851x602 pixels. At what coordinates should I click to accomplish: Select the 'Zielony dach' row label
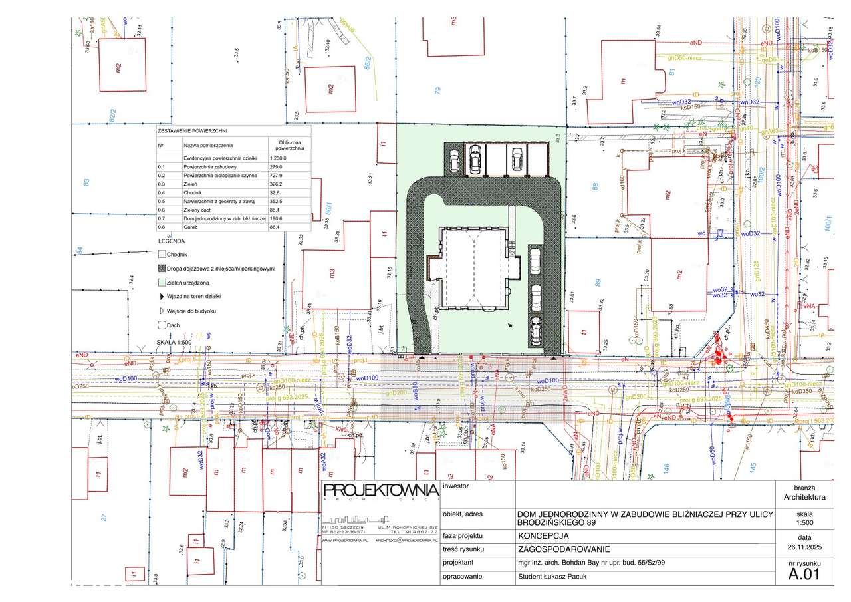click(199, 210)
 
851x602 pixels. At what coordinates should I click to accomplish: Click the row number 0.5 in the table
click(162, 201)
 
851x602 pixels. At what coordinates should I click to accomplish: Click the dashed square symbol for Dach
click(162, 325)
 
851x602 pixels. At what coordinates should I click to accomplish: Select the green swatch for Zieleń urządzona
click(162, 283)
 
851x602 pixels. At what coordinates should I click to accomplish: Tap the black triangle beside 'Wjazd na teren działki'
click(162, 297)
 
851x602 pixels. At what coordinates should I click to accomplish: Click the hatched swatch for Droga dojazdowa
click(162, 269)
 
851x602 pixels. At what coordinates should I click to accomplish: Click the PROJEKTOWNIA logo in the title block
click(379, 491)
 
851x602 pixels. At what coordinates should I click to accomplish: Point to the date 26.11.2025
click(804, 547)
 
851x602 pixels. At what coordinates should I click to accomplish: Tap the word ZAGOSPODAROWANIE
click(562, 549)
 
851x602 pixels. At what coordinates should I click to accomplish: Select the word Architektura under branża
click(804, 497)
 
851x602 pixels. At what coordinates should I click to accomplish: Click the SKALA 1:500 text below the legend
click(174, 342)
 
